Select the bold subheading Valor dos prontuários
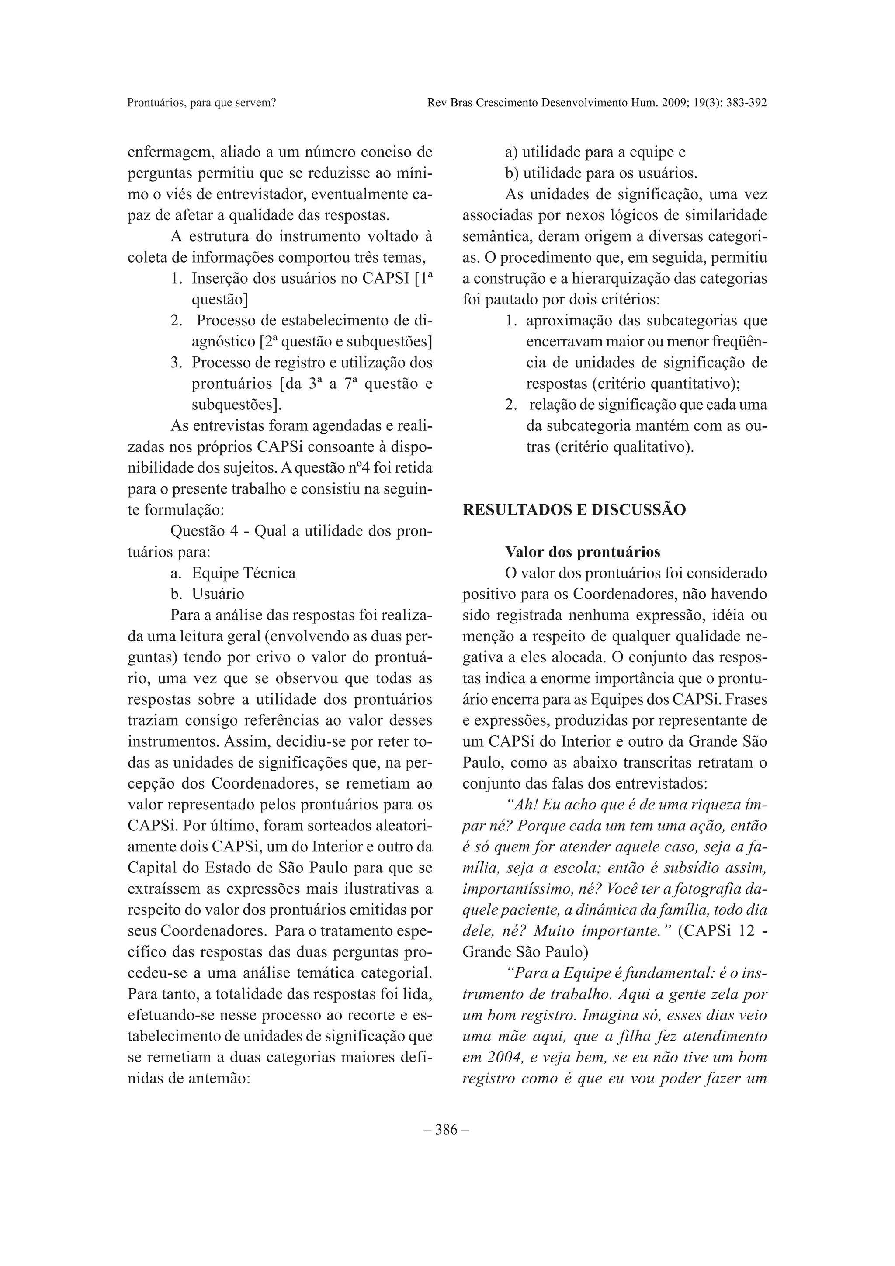click(583, 552)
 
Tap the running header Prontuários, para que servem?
click(201, 103)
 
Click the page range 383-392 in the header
click(745, 103)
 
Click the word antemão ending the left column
click(221, 1079)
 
